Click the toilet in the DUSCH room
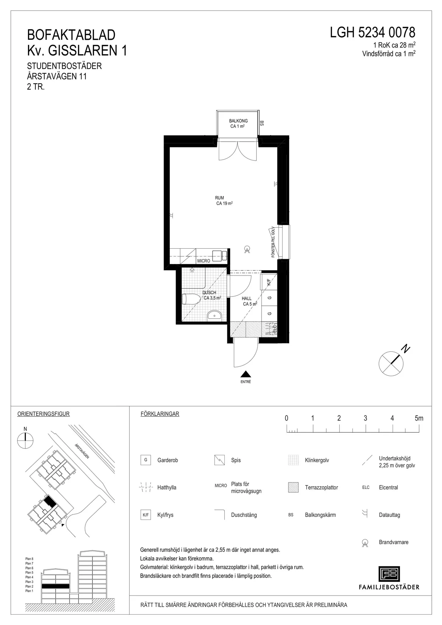coord(192,299)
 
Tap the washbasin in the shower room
coord(214,315)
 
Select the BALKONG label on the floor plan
coord(238,121)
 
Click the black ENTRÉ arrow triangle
coord(246,374)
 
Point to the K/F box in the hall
coord(269,282)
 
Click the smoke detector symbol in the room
coord(247,249)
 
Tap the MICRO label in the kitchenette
coord(204,261)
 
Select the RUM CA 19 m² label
coord(224,201)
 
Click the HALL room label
coord(247,298)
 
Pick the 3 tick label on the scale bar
coord(365,418)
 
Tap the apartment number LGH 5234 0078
coord(372,32)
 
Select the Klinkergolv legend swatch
coord(293,460)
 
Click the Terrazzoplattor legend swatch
coord(293,488)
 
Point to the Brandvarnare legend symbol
coord(365,543)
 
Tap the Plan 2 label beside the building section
coord(29,586)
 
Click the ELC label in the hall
coord(274,329)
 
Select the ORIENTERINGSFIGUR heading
coord(43,414)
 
